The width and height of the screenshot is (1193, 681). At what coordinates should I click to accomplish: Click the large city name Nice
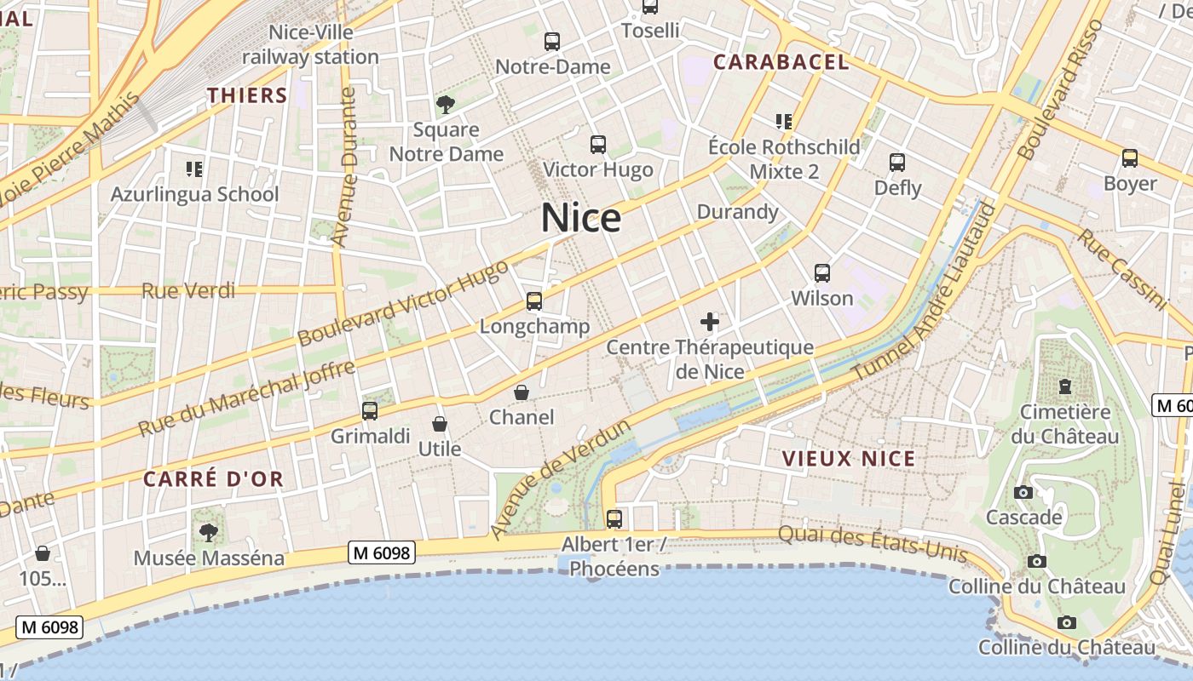click(581, 219)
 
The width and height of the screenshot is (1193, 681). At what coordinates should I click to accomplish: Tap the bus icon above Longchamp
click(534, 300)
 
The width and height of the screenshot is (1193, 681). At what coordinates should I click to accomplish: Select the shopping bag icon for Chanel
click(522, 392)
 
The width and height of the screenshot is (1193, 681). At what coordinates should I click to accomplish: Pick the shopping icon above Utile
click(440, 423)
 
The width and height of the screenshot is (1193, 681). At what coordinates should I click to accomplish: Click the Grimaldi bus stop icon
click(370, 410)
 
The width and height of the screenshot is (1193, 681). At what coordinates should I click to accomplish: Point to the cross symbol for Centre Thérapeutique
click(709, 322)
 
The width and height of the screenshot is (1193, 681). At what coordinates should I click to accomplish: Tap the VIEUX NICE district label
click(849, 459)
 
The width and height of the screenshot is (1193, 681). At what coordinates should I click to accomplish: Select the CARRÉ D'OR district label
click(213, 479)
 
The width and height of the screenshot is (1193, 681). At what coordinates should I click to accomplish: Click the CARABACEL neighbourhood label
click(781, 62)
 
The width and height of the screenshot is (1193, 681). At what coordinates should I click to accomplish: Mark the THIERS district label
click(247, 95)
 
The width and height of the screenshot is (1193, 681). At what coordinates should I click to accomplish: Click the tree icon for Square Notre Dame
click(445, 105)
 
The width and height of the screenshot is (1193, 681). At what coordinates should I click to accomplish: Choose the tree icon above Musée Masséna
click(208, 533)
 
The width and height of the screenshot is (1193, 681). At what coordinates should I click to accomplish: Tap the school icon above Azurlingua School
click(194, 169)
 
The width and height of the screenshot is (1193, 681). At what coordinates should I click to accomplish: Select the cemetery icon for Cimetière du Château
click(1064, 386)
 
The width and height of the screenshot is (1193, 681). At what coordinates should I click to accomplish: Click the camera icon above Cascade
click(1023, 492)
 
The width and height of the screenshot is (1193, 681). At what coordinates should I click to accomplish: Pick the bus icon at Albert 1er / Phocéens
click(614, 518)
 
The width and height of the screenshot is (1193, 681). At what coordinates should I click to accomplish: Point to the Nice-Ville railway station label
click(310, 45)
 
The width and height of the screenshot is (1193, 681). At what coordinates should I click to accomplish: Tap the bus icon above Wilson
click(822, 272)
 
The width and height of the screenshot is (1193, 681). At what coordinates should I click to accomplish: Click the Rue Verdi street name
click(188, 291)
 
